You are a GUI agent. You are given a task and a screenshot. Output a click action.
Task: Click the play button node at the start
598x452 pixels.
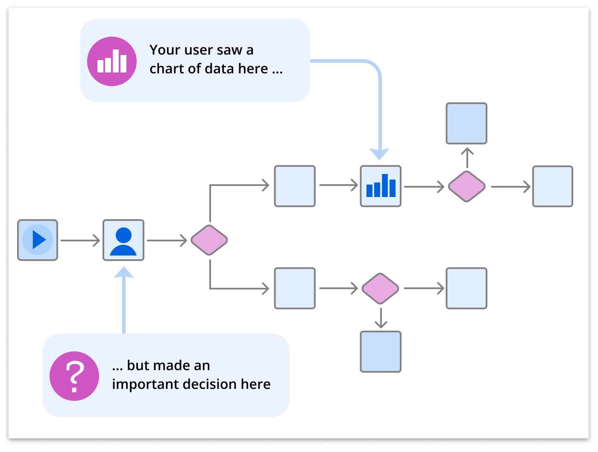tap(38, 240)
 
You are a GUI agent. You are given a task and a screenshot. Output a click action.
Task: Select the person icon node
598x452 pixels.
tap(123, 240)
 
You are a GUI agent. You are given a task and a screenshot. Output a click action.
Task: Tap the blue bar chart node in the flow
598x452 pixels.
tap(381, 186)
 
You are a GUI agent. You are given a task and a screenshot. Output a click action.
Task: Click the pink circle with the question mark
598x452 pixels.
tap(74, 376)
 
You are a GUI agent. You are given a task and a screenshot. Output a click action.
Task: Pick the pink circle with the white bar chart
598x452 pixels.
tap(112, 61)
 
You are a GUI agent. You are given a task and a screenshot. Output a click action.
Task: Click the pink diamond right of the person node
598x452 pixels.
tap(209, 240)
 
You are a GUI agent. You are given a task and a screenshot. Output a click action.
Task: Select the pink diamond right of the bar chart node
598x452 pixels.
tap(466, 186)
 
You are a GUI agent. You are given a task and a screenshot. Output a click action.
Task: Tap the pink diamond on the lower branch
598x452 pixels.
tap(380, 289)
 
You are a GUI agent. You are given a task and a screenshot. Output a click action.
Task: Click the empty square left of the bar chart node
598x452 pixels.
tap(295, 186)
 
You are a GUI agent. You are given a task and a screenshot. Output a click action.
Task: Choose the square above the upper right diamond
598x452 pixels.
tap(466, 123)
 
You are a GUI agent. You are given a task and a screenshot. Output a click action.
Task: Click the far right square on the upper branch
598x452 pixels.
tap(553, 186)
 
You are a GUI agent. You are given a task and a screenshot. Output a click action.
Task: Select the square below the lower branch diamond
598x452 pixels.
tap(381, 352)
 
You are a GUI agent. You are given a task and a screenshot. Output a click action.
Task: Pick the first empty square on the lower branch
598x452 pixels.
tap(295, 289)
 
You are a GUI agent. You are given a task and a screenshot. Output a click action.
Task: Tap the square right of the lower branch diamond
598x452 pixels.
tap(466, 289)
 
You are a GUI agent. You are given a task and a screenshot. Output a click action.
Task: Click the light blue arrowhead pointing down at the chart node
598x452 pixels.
tap(379, 154)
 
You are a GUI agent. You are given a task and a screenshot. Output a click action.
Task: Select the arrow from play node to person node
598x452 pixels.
tap(80, 240)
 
